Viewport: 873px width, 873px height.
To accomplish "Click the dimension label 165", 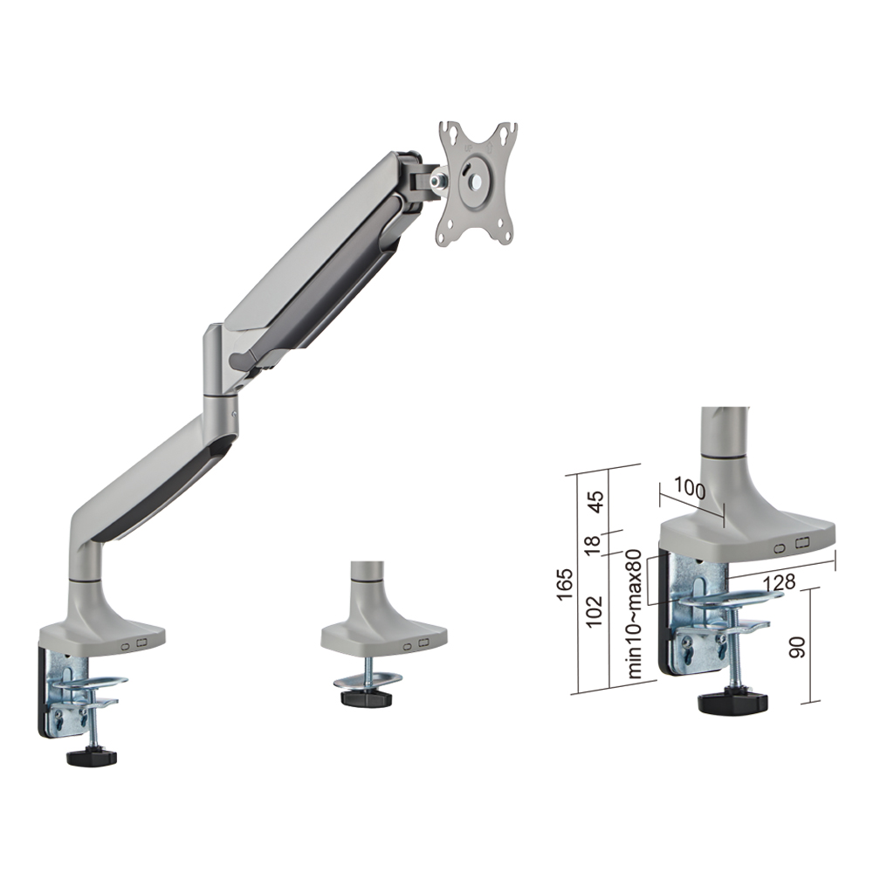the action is (x=565, y=583).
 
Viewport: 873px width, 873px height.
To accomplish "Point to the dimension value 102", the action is (x=595, y=610).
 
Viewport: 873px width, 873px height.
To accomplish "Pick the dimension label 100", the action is (x=690, y=489).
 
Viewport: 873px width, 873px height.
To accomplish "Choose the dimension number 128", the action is (x=780, y=583).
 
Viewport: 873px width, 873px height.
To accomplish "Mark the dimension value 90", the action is (x=797, y=647).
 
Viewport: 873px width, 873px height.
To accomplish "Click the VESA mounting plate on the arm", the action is (x=477, y=183).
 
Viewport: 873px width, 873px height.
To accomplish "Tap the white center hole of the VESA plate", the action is (x=478, y=182).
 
